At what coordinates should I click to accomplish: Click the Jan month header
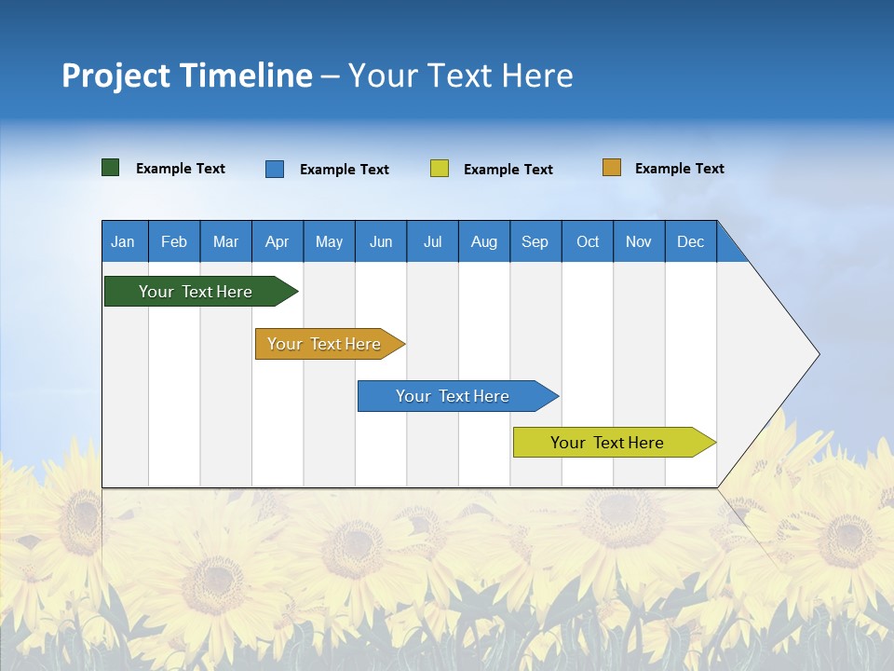(124, 241)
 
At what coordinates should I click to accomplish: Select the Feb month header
(174, 241)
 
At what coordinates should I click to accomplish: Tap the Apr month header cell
(278, 241)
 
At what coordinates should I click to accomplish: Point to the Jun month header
(381, 241)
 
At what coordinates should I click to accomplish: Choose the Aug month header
(484, 241)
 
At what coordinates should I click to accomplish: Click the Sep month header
(535, 241)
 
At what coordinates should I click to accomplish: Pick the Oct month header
(588, 241)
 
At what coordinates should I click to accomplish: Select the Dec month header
(691, 241)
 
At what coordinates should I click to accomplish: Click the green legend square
(111, 168)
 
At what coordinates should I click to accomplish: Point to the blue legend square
(275, 169)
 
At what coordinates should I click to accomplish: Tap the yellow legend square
(440, 169)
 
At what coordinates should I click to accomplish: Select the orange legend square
(612, 168)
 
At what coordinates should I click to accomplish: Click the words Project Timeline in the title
(187, 75)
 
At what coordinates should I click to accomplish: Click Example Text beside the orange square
(679, 169)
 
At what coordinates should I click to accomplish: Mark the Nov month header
(639, 241)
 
